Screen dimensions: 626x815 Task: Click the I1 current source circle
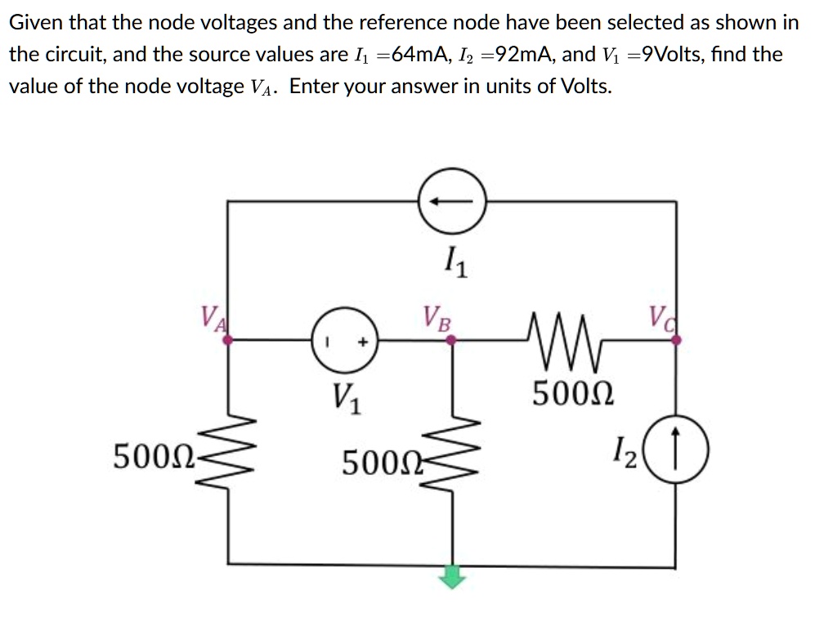pyautogui.click(x=452, y=200)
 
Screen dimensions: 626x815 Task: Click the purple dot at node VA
pyautogui.click(x=228, y=343)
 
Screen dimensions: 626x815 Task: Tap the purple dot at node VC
pyautogui.click(x=676, y=343)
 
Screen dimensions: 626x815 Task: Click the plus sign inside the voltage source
pyautogui.click(x=356, y=344)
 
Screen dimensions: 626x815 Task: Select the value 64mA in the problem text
pyautogui.click(x=421, y=56)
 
